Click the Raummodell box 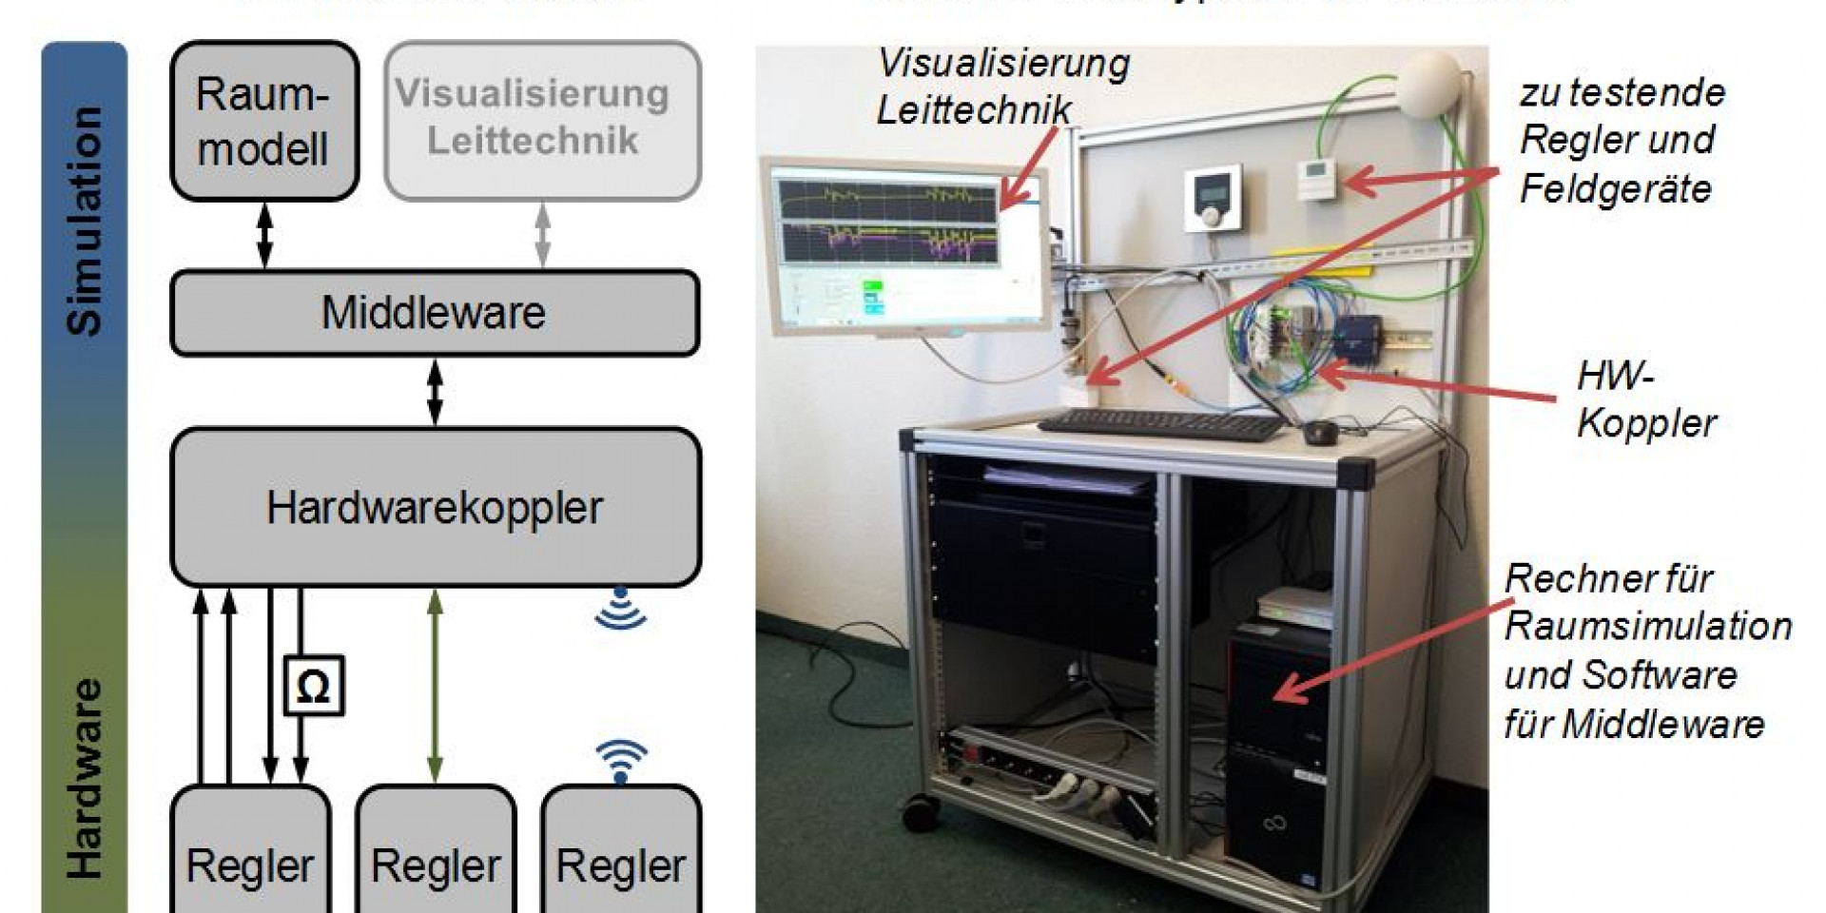coord(263,121)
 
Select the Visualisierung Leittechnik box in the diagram coord(542,120)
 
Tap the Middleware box coord(435,313)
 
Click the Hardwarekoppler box coord(435,507)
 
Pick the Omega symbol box coord(314,685)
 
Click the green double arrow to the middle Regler coord(436,685)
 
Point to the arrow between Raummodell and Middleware coord(265,235)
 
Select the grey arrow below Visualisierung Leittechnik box coord(543,235)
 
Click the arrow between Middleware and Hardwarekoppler coord(435,391)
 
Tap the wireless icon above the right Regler coord(621,761)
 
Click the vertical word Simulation coord(84,221)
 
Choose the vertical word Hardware coord(84,777)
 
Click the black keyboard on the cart coord(1162,425)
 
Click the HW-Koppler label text coord(1645,399)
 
